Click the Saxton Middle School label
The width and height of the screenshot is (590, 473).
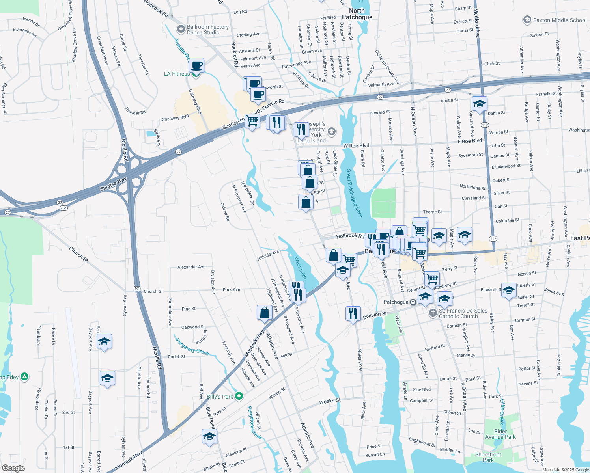(x=559, y=20)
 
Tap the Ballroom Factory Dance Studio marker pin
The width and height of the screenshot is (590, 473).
(x=181, y=29)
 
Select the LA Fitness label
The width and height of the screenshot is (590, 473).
(x=177, y=74)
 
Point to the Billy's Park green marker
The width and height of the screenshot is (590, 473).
(x=239, y=396)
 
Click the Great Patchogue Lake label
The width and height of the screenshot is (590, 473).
(x=354, y=193)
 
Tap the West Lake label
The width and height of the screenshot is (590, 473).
(x=301, y=268)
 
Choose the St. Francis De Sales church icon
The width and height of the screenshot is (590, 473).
(x=433, y=313)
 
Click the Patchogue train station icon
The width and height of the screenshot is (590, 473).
(x=413, y=302)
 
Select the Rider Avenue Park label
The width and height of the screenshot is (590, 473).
(x=500, y=434)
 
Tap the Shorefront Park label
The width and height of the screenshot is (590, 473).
(x=488, y=457)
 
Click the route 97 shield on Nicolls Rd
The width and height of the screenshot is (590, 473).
(x=137, y=289)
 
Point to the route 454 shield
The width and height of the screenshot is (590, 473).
(x=63, y=208)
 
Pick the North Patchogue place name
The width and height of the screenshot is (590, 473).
(x=357, y=14)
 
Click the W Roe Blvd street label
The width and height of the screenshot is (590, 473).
(x=356, y=146)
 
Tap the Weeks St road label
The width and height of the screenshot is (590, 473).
(x=329, y=402)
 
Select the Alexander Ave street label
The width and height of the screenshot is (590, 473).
(x=191, y=267)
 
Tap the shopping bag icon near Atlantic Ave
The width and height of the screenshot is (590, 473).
(x=264, y=313)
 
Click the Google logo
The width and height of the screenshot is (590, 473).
(x=13, y=468)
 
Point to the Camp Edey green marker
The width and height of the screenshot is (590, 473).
(x=24, y=377)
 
